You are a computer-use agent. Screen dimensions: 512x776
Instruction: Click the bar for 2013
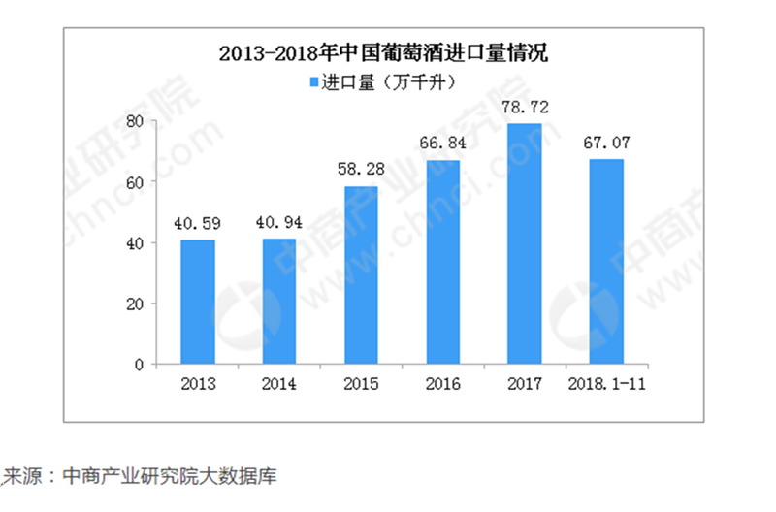pyautogui.click(x=198, y=303)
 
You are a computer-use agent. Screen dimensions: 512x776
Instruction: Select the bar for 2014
pyautogui.click(x=279, y=302)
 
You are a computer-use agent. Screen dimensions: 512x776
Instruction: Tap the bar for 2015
pyautogui.click(x=362, y=275)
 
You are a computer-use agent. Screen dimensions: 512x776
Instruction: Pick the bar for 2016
pyautogui.click(x=443, y=262)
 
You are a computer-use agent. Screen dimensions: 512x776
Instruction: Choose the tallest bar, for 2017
pyautogui.click(x=525, y=244)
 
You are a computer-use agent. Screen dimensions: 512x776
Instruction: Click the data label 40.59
pyautogui.click(x=198, y=224)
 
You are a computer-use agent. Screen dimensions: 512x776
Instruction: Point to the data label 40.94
pyautogui.click(x=279, y=223)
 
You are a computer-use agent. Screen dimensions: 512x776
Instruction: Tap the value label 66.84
pyautogui.click(x=443, y=144)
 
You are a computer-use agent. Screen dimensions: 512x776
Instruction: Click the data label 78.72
pyautogui.click(x=525, y=108)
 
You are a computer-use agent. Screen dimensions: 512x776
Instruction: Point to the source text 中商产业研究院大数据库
pyautogui.click(x=170, y=477)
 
